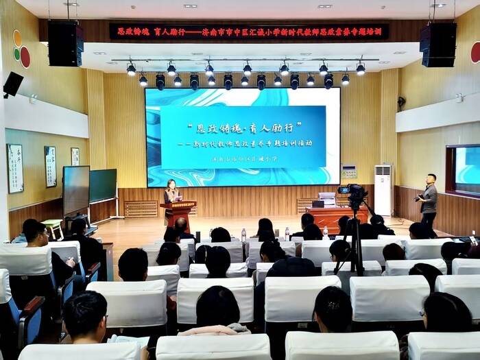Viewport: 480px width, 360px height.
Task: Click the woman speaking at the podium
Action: click(x=171, y=191)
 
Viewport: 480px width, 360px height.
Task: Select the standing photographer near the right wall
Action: click(x=429, y=200)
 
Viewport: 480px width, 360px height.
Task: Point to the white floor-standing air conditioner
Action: click(x=383, y=189)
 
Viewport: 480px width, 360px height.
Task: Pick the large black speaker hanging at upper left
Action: click(x=66, y=43)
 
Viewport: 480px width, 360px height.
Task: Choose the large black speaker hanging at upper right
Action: click(x=437, y=45)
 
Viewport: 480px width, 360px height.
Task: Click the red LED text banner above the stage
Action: click(x=249, y=31)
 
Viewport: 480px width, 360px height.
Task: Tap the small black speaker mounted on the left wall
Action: click(x=13, y=84)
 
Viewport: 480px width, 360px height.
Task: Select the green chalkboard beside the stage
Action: click(x=103, y=185)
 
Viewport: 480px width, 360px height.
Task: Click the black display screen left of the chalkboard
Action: click(x=76, y=190)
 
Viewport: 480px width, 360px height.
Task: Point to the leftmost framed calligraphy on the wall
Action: click(x=15, y=168)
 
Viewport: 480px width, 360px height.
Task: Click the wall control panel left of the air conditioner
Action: click(x=349, y=171)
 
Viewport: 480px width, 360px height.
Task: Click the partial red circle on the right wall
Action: click(x=475, y=52)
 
